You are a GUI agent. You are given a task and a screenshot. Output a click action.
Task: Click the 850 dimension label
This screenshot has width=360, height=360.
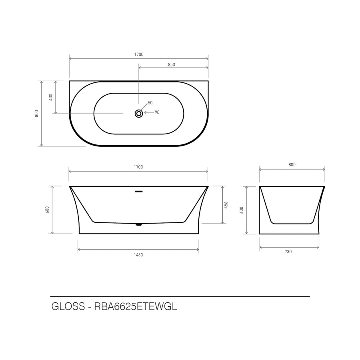pos(171,64)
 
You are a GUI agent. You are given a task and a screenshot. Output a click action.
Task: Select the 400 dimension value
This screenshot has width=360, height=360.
pos(51,97)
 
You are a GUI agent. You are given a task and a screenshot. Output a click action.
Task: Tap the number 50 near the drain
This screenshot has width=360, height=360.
pos(150,103)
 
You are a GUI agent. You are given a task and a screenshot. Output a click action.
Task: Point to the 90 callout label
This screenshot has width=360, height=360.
pos(157,112)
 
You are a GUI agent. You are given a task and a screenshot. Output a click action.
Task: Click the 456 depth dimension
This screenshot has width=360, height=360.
pos(226,205)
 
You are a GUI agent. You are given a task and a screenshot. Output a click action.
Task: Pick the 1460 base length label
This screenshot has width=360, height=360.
pos(138,255)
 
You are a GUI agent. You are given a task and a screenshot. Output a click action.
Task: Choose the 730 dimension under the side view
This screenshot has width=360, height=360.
pos(288,252)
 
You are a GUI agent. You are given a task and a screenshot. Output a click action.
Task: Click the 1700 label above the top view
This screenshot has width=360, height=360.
pos(139,54)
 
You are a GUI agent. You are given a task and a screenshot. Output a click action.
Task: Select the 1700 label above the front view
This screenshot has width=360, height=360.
pos(138,167)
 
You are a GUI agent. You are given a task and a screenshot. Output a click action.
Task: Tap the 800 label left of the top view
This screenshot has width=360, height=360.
pos(36,114)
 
